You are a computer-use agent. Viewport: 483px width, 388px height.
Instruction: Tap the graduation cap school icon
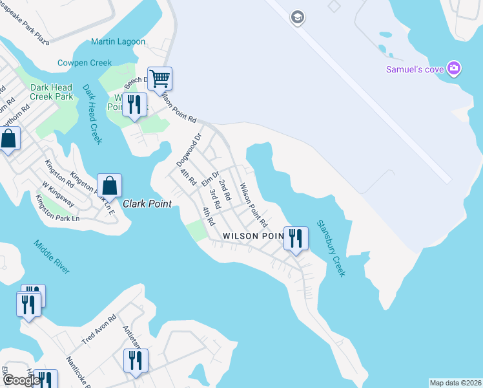297,16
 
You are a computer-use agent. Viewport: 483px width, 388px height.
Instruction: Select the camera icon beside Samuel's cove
454,68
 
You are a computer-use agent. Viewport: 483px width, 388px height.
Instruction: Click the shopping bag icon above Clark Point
110,186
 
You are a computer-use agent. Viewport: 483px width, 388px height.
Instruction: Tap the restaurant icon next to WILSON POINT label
296,238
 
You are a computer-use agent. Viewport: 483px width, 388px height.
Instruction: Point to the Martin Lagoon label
118,42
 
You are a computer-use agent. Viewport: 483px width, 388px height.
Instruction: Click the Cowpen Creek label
85,63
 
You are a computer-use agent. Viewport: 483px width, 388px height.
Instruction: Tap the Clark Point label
148,204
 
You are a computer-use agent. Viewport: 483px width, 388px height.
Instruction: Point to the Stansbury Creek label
331,248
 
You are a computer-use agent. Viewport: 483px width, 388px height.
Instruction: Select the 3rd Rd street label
216,198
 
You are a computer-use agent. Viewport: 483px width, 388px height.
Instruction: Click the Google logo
21,380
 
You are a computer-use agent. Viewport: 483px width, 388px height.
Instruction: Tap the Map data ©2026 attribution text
455,383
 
